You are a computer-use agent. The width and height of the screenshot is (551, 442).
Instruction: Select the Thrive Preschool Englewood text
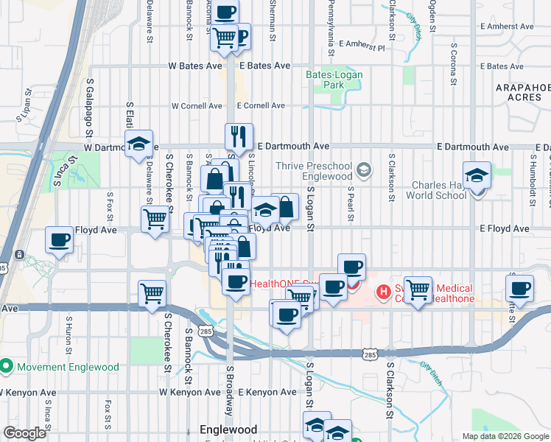(x=315, y=171)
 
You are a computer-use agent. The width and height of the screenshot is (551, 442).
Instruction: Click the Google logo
(x=24, y=433)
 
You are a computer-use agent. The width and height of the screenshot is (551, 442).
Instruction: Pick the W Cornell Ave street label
(x=197, y=106)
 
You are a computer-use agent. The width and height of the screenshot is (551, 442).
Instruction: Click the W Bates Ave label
(x=195, y=66)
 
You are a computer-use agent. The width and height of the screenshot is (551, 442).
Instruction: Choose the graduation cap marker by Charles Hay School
(x=477, y=175)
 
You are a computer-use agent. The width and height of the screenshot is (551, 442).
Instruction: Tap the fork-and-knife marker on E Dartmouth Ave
(x=238, y=136)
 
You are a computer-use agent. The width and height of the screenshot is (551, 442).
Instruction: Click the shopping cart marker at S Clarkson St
(x=418, y=289)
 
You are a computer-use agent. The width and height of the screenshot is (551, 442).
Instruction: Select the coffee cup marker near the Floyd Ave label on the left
(x=60, y=239)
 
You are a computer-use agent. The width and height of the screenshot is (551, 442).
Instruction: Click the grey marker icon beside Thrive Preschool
(x=363, y=171)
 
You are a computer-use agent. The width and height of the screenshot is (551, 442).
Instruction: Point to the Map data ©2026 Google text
(x=505, y=436)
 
